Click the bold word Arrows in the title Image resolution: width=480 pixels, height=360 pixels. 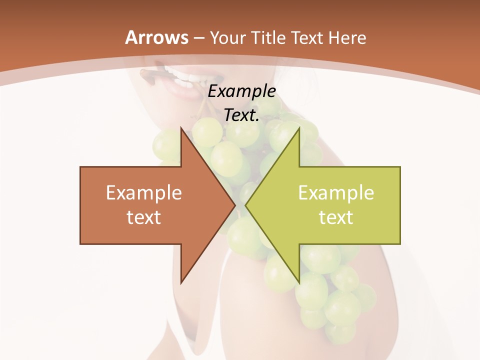(x=156, y=38)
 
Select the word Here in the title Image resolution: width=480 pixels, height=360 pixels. (x=348, y=38)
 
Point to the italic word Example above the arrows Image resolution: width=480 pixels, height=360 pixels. (x=242, y=91)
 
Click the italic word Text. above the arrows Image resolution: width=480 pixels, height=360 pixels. (x=242, y=115)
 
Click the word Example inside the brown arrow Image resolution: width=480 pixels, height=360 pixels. (x=144, y=193)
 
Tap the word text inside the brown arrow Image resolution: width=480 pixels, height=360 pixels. (x=144, y=217)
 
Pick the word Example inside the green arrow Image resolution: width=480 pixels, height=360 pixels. (x=336, y=193)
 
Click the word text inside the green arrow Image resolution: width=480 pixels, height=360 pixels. (x=336, y=217)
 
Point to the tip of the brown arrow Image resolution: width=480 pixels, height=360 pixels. (x=235, y=205)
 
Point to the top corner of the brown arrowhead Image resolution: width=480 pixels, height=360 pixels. (x=181, y=128)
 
